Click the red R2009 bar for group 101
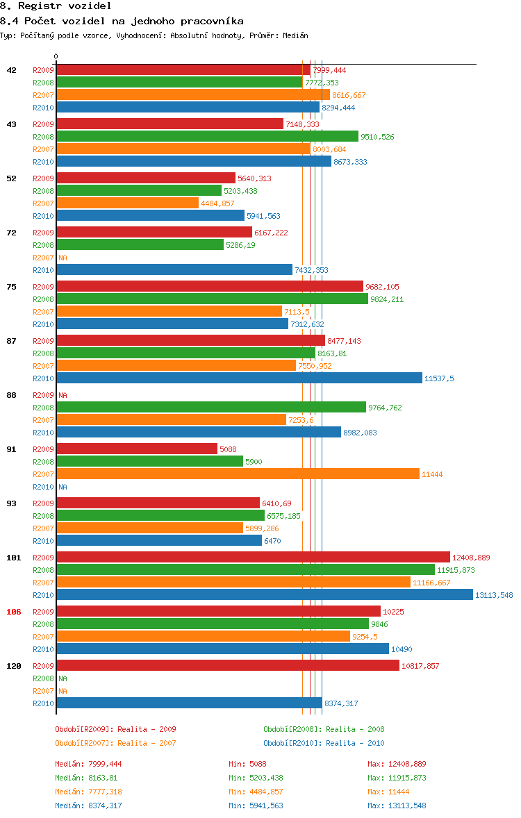253,557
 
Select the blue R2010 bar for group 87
239,378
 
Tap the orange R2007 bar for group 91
238,474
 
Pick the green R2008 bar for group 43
207,136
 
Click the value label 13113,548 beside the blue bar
494,595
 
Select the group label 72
11,233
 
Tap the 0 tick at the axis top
56,56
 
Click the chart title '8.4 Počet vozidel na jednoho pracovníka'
122,21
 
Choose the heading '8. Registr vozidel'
56,6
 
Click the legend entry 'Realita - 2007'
115,743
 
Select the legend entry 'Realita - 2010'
324,743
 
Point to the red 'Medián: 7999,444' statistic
88,764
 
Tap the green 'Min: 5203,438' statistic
256,778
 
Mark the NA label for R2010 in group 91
63,487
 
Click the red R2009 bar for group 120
228,665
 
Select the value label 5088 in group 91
228,449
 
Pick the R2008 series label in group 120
43,678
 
